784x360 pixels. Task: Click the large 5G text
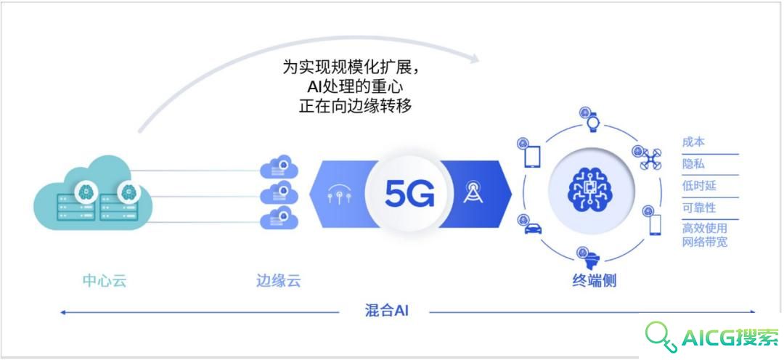409,193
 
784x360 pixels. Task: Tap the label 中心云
105,280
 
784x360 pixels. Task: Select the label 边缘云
278,280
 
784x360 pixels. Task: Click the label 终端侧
594,280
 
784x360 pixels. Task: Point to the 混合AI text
387,311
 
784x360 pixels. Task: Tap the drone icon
650,159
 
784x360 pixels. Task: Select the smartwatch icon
592,123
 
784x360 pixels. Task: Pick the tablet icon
532,157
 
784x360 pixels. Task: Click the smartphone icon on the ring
655,224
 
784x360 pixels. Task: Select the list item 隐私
693,164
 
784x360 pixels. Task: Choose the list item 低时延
699,186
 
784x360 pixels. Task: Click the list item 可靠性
699,208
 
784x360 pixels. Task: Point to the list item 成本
693,142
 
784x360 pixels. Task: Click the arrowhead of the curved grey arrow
473,58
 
